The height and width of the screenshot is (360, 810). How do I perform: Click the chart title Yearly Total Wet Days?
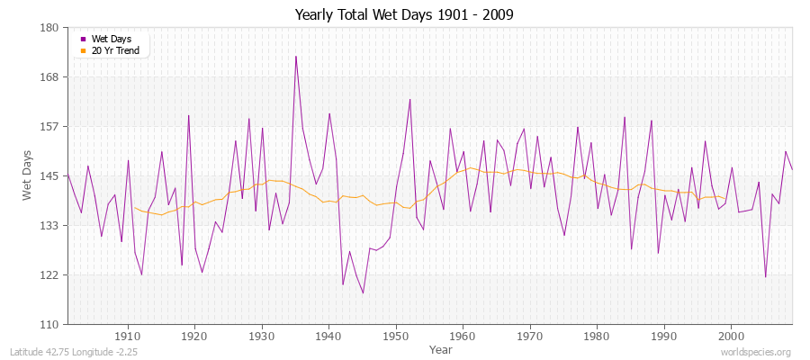(404, 15)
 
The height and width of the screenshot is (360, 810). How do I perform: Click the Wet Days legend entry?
(112, 39)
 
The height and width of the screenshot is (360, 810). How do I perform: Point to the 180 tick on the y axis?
(49, 28)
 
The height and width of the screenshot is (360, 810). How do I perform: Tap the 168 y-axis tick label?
(49, 77)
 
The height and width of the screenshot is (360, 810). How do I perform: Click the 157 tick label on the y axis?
(49, 127)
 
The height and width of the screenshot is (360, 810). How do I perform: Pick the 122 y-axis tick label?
(49, 274)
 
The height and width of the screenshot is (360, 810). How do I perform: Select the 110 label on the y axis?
(49, 324)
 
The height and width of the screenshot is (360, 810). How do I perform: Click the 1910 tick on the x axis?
(128, 336)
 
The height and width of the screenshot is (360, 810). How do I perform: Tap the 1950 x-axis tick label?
(396, 336)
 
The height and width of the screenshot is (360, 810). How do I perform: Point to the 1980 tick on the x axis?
(597, 336)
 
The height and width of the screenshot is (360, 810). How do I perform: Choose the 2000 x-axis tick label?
(731, 336)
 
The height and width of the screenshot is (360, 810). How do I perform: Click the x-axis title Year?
(441, 348)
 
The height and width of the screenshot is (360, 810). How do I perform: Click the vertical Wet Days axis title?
(27, 176)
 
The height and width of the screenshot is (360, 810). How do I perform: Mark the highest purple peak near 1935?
(295, 56)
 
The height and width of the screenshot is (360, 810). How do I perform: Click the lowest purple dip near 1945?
(363, 292)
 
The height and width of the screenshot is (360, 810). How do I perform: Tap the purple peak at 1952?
(409, 99)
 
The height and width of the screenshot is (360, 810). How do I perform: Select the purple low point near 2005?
(765, 276)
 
